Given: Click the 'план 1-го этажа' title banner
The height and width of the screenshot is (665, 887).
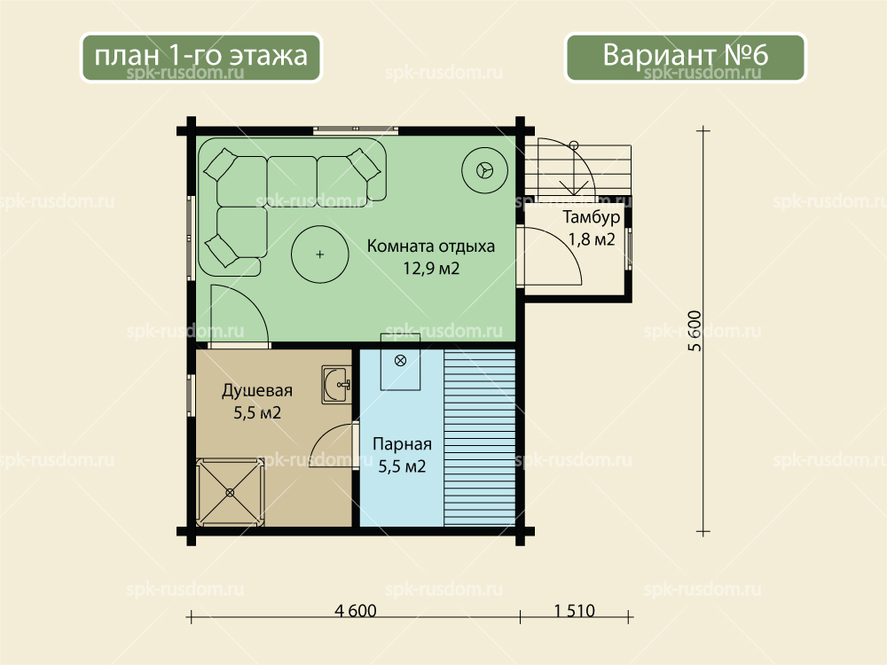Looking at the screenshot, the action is [200, 57].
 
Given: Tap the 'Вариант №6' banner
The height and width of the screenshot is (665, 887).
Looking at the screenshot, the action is [685, 57].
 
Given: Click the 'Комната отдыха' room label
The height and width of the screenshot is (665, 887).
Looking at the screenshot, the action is [430, 246].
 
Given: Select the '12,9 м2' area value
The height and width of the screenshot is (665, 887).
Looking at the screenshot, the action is [431, 268].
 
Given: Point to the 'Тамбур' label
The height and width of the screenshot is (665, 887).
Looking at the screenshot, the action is [591, 218].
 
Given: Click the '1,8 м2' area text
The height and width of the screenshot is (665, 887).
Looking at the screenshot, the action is [592, 239].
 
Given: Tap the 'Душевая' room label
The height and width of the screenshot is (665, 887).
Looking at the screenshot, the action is [257, 391].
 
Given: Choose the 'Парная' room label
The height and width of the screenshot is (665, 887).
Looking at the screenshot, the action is [402, 444].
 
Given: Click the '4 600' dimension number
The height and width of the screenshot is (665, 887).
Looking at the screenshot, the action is [356, 611].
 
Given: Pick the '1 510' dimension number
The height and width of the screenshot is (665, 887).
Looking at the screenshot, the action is [574, 611].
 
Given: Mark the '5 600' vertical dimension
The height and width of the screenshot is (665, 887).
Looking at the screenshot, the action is [695, 331].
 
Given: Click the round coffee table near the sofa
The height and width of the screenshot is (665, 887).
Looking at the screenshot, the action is [319, 254].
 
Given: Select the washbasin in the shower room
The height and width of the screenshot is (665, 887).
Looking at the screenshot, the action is [336, 385].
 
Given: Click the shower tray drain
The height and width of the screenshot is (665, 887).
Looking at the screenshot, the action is [230, 493].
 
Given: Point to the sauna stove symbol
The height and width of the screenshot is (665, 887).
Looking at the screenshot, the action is [400, 361].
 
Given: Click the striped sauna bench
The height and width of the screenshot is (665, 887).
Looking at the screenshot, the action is [480, 438].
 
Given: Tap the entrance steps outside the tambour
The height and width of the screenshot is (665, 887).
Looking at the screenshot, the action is [577, 169].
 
